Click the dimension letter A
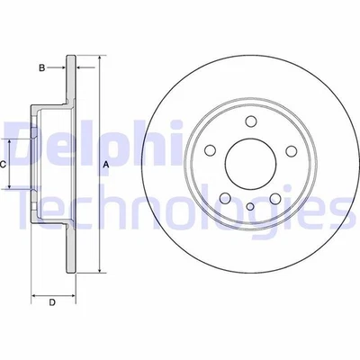(x=106, y=165)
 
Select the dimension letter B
(x=40, y=67)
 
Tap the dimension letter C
(x=4, y=165)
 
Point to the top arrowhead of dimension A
(x=94, y=62)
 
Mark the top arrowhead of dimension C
(x=11, y=142)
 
